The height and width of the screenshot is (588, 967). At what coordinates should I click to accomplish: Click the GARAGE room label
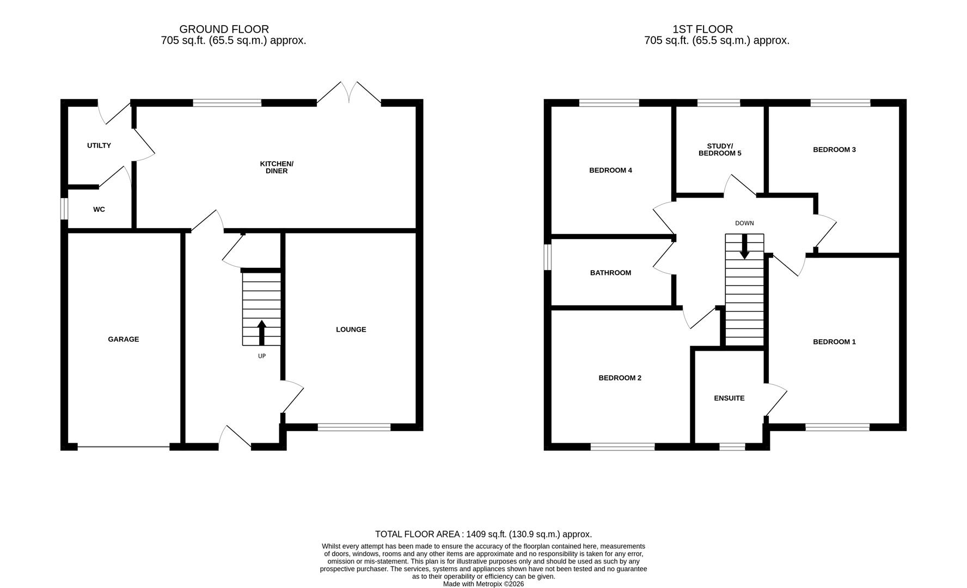pyautogui.click(x=123, y=339)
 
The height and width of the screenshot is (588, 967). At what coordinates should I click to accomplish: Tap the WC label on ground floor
pyautogui.click(x=99, y=210)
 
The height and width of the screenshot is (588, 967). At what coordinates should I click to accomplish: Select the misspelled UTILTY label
pyautogui.click(x=99, y=145)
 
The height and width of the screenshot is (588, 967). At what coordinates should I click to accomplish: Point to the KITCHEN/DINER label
pyautogui.click(x=277, y=167)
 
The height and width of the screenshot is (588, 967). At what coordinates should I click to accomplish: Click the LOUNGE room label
pyautogui.click(x=351, y=329)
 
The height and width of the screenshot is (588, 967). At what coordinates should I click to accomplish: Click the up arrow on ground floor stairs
pyautogui.click(x=261, y=333)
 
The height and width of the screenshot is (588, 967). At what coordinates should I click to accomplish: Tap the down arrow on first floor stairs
pyautogui.click(x=744, y=248)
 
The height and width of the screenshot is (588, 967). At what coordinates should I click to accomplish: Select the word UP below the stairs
pyautogui.click(x=261, y=356)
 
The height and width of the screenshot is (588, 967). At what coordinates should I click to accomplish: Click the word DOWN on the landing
pyautogui.click(x=744, y=223)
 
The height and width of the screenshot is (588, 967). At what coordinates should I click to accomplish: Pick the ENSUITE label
pyautogui.click(x=729, y=399)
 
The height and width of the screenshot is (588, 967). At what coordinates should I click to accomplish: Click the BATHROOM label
pyautogui.click(x=610, y=273)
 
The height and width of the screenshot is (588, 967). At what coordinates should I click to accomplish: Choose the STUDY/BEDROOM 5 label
pyautogui.click(x=720, y=150)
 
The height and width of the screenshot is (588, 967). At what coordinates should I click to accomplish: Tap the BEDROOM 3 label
pyautogui.click(x=834, y=150)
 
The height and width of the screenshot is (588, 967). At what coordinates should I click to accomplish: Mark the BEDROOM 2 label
pyautogui.click(x=620, y=378)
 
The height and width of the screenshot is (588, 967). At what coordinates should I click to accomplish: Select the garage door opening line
pyautogui.click(x=124, y=447)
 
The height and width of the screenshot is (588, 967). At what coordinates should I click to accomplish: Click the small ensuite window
pyautogui.click(x=732, y=447)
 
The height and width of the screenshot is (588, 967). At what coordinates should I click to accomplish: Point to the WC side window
pyautogui.click(x=64, y=209)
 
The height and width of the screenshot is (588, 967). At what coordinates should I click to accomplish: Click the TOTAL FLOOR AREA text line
pyautogui.click(x=483, y=534)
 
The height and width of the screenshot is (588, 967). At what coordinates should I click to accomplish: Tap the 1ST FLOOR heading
pyautogui.click(x=702, y=29)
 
